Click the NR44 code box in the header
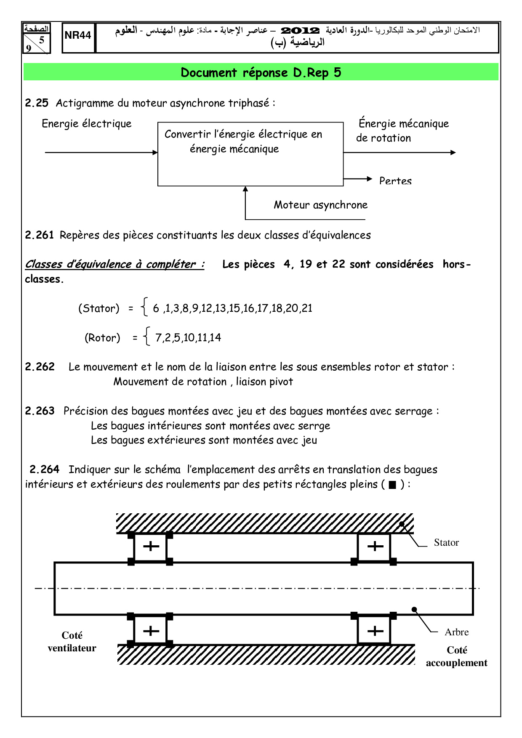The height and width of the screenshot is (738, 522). [78, 36]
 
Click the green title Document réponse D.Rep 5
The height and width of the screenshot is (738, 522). [261, 72]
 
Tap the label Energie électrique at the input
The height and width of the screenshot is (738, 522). [87, 124]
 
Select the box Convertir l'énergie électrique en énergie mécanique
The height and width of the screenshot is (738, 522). [250, 154]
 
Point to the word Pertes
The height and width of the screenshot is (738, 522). [395, 181]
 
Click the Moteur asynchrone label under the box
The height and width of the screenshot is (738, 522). [320, 205]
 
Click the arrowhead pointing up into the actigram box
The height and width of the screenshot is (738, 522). [245, 189]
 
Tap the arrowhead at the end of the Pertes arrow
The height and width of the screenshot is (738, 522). [370, 179]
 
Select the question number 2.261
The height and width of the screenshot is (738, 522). [39, 235]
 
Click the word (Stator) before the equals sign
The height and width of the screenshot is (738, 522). [99, 308]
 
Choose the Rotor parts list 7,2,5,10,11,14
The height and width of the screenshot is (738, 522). [188, 337]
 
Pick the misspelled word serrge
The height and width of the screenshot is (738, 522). [314, 426]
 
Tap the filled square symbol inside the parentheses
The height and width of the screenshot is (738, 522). [392, 485]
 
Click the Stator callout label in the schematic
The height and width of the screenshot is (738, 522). [446, 543]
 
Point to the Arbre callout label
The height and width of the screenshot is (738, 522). [456, 632]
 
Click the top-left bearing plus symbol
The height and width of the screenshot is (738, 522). [151, 547]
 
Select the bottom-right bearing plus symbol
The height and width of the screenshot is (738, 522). [375, 631]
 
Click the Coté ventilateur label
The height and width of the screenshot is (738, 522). [72, 642]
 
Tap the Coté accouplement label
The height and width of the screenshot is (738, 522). [457, 656]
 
